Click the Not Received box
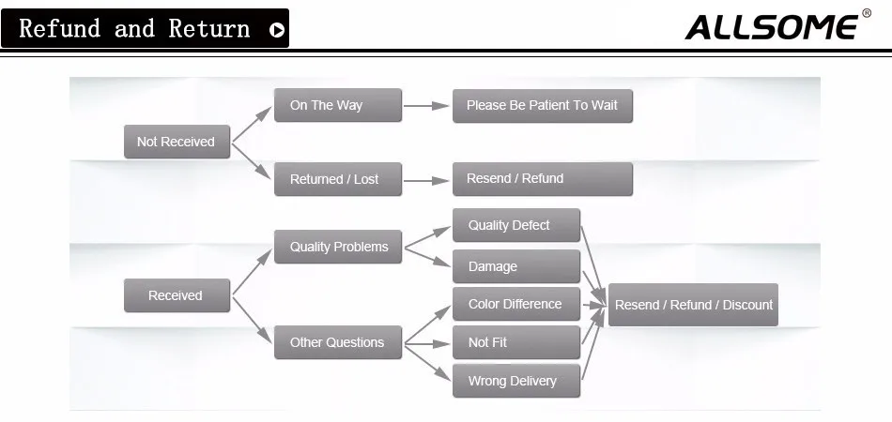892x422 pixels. coord(177,142)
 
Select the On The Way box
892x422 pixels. coord(337,105)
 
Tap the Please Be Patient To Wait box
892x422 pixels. coord(542,105)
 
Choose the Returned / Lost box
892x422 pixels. coord(337,179)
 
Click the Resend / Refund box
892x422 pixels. coord(542,178)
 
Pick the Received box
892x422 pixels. coord(177,295)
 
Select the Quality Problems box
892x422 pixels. coord(338,247)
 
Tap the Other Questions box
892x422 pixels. coord(337,342)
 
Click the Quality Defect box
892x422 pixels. coord(515,225)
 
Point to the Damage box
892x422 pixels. coord(515,266)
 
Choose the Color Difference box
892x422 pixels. coord(515,304)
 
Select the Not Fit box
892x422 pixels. coord(515,342)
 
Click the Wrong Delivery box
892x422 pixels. coord(515,381)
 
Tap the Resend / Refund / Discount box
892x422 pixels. coord(693,305)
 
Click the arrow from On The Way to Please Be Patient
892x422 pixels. coord(426,106)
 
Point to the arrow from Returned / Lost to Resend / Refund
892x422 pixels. coord(426,179)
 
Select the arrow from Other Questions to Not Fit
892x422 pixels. coord(427,343)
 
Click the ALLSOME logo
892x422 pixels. coord(772,27)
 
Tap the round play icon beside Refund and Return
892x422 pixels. coord(276,30)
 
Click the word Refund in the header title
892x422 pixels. coord(58,28)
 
